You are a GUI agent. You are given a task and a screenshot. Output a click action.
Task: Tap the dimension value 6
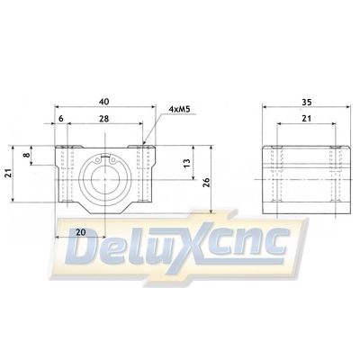pos(61,119)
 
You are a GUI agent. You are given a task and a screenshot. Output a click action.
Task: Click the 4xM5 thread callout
pos(180,109)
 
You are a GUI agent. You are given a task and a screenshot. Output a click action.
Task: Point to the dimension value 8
pos(27,154)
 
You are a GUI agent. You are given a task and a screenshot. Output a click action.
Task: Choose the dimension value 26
pos(208,182)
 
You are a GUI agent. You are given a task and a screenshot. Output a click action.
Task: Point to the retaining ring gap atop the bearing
pos(107,157)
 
